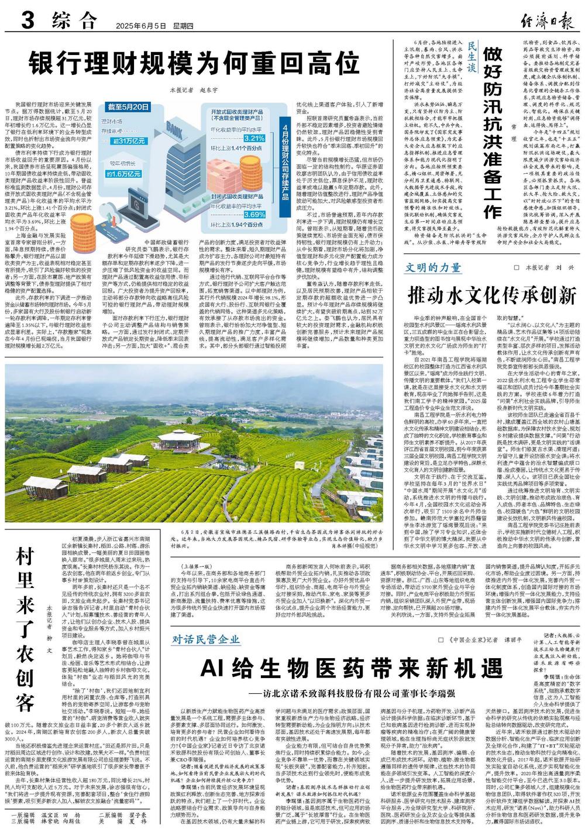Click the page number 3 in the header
click(x=26, y=22)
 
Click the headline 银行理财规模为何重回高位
click(x=194, y=60)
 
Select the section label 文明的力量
click(x=433, y=269)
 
